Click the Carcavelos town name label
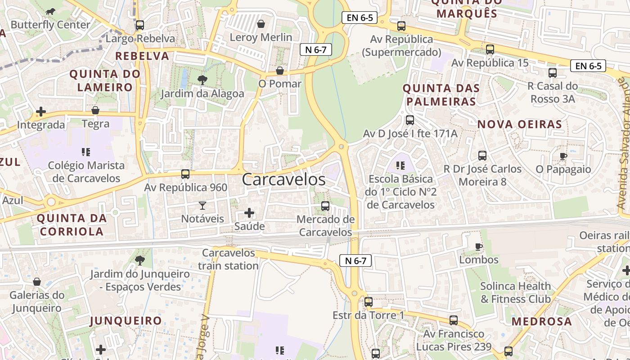coord(283,179)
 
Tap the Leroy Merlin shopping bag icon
coord(261,24)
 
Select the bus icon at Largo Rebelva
coord(139,25)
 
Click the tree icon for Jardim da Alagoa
coord(202,80)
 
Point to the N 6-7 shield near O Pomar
coord(316,49)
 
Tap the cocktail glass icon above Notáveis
coord(202,206)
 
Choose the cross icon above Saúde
coord(249,213)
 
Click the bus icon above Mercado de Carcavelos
coord(325,206)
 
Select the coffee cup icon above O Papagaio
coord(563,156)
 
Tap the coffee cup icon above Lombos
coord(479,247)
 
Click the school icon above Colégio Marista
coord(86,152)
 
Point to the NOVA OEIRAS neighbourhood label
coord(520,124)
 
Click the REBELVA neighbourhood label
coord(142,56)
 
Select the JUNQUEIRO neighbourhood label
coord(126,321)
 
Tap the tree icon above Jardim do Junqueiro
coord(140,260)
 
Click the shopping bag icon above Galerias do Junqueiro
coord(37,282)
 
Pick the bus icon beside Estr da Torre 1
coord(369,302)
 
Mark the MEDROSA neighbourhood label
coord(542,321)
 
